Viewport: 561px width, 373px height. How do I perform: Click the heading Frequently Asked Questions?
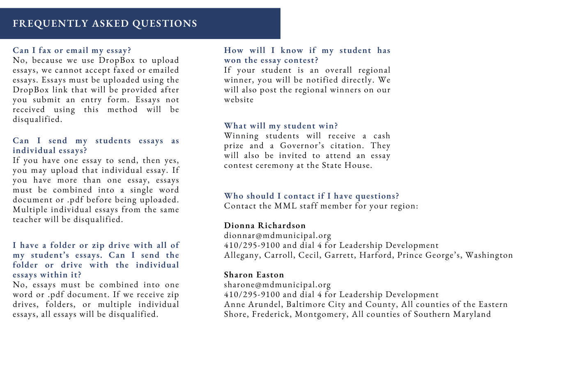tap(105, 24)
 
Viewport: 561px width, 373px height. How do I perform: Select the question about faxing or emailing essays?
tap(72, 50)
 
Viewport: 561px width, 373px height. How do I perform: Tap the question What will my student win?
tap(281, 126)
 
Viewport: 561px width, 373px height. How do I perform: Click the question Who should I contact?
tap(311, 196)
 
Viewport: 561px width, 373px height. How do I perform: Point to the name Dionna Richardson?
tap(265, 226)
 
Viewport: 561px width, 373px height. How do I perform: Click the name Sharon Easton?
tap(254, 275)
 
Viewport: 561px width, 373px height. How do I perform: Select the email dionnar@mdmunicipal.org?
tap(278, 236)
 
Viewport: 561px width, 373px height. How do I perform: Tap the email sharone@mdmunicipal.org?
tap(277, 285)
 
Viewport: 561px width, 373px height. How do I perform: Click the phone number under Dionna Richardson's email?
tap(252, 245)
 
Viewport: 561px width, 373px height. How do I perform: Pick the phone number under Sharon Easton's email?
tap(252, 295)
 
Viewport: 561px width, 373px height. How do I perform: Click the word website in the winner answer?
tap(239, 100)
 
